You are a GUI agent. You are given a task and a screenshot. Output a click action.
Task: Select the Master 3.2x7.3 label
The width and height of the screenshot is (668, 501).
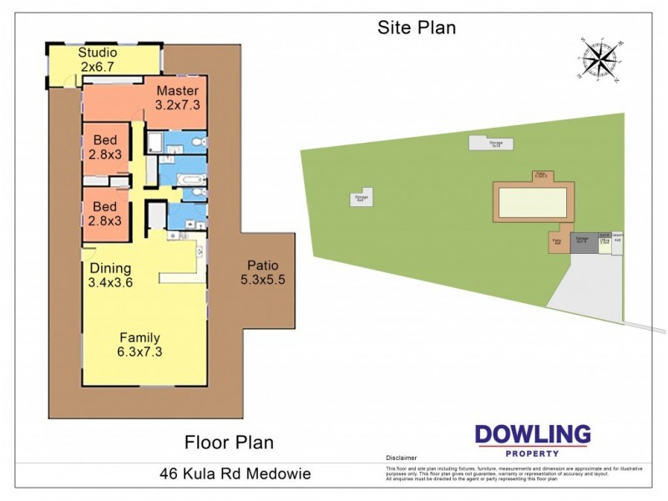tap(177, 98)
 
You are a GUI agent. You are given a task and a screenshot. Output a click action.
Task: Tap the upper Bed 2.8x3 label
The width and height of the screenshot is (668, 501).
tap(106, 147)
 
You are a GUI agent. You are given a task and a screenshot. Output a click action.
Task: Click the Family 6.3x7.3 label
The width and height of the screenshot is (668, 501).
tap(139, 344)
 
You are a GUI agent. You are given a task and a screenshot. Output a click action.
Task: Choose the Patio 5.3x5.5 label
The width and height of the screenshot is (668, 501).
tap(263, 273)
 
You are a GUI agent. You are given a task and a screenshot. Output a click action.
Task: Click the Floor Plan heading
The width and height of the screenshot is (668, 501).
tap(229, 442)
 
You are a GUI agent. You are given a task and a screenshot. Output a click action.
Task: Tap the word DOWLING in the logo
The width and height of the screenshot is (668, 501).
tap(533, 435)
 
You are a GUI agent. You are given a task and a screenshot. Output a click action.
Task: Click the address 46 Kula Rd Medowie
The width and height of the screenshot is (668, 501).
tap(235, 473)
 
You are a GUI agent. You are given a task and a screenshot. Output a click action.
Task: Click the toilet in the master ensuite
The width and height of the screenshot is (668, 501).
tap(195, 143)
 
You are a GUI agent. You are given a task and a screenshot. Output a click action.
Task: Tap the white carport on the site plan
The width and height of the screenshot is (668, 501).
tap(617, 243)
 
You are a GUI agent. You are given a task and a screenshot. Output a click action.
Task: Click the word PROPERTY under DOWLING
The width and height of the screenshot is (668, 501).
tap(533, 453)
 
